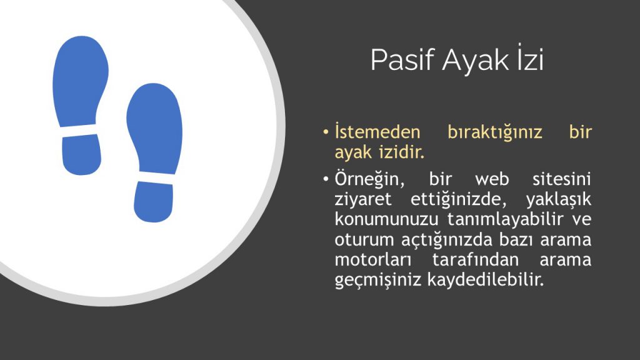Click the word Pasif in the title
tap(402, 61)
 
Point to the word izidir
tap(402, 152)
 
